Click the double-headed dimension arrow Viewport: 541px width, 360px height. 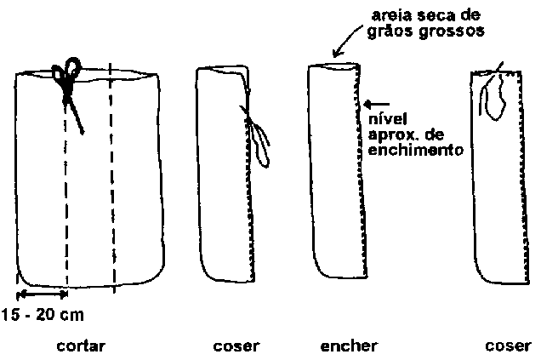click(x=42, y=294)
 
